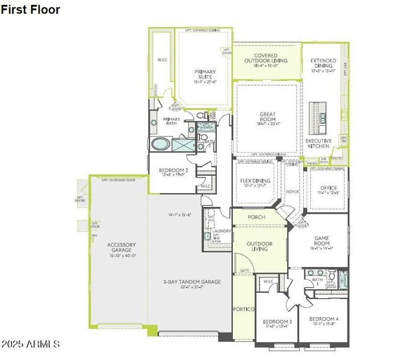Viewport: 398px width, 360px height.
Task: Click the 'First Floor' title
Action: coord(30,10)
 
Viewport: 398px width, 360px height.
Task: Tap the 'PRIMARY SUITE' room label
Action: coord(205,74)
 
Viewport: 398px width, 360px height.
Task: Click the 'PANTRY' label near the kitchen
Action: coord(337,158)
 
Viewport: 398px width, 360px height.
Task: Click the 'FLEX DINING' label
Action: coord(256,181)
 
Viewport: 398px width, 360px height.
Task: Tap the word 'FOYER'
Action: coord(292,192)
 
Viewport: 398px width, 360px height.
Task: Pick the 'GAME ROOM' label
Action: coord(321,240)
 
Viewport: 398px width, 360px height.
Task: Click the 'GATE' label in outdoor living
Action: coord(244,271)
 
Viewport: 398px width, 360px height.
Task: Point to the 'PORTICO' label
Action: coord(244,309)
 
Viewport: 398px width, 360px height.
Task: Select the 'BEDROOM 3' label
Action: coord(277,322)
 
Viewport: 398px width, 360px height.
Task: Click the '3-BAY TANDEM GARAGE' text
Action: coord(191,282)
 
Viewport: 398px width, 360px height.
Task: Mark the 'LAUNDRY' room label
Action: coord(222,230)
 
